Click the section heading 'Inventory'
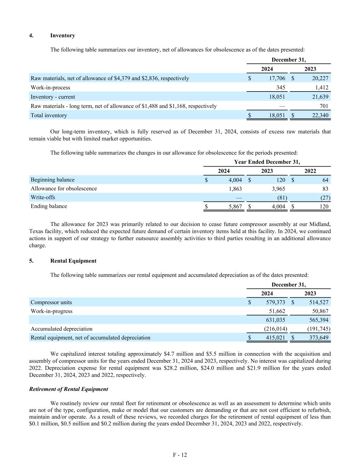pyautogui.click(x=62, y=36)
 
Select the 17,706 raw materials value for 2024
pyautogui.click(x=276, y=78)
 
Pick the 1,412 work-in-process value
pyautogui.click(x=320, y=87)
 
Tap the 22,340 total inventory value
pyautogui.click(x=320, y=115)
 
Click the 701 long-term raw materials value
pyautogui.click(x=324, y=106)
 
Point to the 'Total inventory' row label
pyautogui.click(x=49, y=115)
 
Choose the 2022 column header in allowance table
pyautogui.click(x=310, y=171)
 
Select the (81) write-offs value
pyautogui.click(x=282, y=198)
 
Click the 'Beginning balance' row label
pyautogui.click(x=53, y=180)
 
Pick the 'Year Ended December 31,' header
pyautogui.click(x=267, y=162)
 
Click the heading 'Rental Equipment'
pyautogui.click(x=73, y=261)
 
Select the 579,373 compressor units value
pyautogui.click(x=275, y=302)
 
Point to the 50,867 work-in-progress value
pyautogui.click(x=320, y=311)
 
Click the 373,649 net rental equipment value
pyautogui.click(x=319, y=338)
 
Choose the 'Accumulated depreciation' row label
pyautogui.click(x=61, y=329)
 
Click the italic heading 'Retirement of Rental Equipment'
pyautogui.click(x=69, y=389)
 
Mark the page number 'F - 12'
pyautogui.click(x=180, y=455)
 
